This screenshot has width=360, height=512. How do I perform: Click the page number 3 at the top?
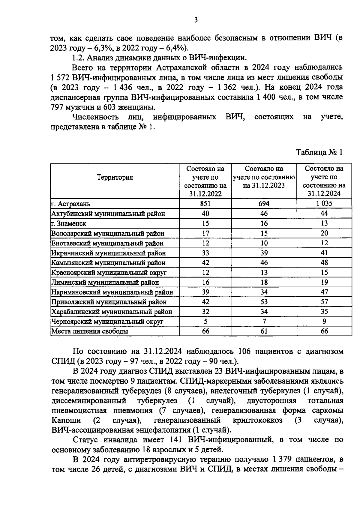coord(196,20)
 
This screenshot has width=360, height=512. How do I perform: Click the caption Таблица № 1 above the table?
coord(319,152)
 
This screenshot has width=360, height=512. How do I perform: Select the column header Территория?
coord(115,177)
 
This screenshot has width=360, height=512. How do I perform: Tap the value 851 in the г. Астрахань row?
coord(205,204)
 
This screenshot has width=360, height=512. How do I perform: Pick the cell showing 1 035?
coord(324,204)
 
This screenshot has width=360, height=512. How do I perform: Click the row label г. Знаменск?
coord(69,223)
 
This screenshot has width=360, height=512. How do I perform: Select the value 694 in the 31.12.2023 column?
coord(264,204)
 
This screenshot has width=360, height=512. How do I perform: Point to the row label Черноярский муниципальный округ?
coord(107,322)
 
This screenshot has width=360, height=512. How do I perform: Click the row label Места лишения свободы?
coord(90,331)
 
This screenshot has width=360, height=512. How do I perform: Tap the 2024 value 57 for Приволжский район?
coord(324,302)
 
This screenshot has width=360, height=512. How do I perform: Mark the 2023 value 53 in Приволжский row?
coord(264,302)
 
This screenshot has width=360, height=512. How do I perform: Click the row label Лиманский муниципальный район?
coord(105,282)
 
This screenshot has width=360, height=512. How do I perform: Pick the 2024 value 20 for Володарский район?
coord(324,233)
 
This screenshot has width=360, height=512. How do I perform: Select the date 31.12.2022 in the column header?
coord(205,194)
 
